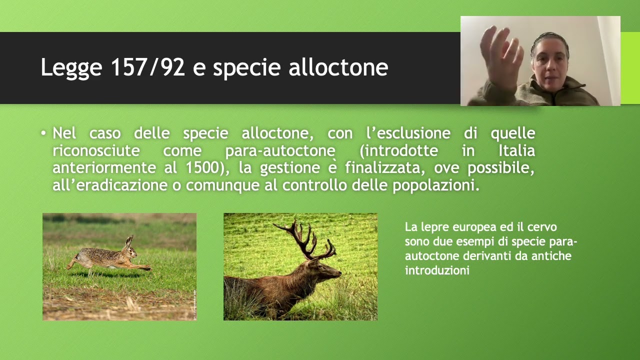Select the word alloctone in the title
338,67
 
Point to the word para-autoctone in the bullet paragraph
280,151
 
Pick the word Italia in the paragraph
516,150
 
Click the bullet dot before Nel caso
44,133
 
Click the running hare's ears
129,241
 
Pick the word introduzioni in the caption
437,270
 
